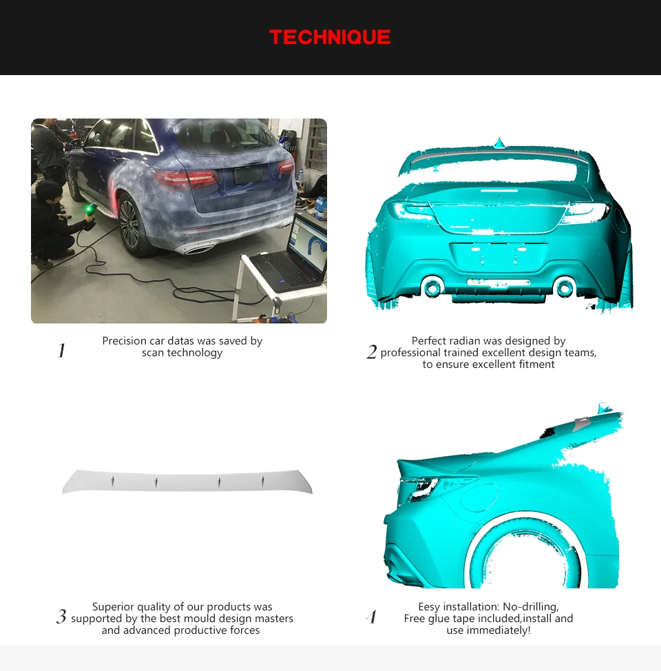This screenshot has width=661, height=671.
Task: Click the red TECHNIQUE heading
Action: click(x=330, y=37)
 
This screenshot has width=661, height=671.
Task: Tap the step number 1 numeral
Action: click(x=61, y=351)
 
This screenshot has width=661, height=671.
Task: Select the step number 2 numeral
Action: click(x=372, y=353)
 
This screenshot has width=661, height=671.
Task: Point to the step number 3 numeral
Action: click(x=61, y=617)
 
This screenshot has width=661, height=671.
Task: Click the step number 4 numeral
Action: click(x=372, y=617)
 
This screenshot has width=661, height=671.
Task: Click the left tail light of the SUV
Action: click(x=185, y=179)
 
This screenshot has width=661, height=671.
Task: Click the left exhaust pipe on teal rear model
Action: click(x=432, y=287)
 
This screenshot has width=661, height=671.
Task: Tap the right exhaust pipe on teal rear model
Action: click(x=565, y=287)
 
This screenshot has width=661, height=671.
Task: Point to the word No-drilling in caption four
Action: click(x=530, y=607)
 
